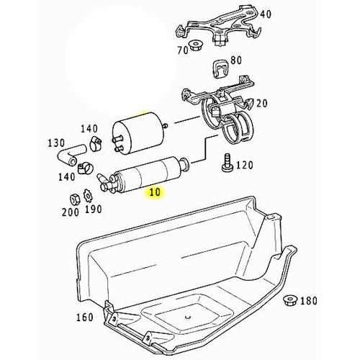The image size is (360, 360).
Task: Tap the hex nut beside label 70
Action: pos(194,48)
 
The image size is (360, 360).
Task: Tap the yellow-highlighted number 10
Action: pos(154,193)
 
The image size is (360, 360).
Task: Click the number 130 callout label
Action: pos(58,142)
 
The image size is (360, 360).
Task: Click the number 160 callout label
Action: pos(84,318)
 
